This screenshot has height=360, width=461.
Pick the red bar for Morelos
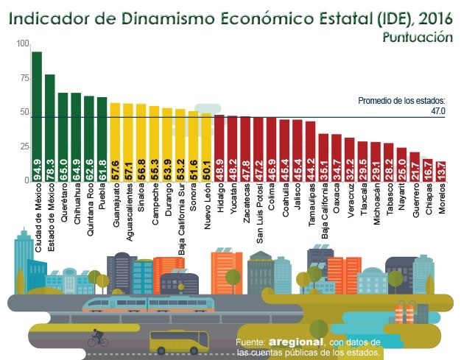(442, 171)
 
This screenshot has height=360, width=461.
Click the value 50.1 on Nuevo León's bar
(208, 168)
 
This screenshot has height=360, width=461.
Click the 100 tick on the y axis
(22, 45)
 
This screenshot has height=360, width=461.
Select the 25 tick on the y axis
(24, 147)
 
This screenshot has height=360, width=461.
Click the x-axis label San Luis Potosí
(259, 213)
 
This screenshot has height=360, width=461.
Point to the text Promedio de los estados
(401, 102)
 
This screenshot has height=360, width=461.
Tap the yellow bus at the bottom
(179, 342)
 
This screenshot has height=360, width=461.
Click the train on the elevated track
(147, 304)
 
